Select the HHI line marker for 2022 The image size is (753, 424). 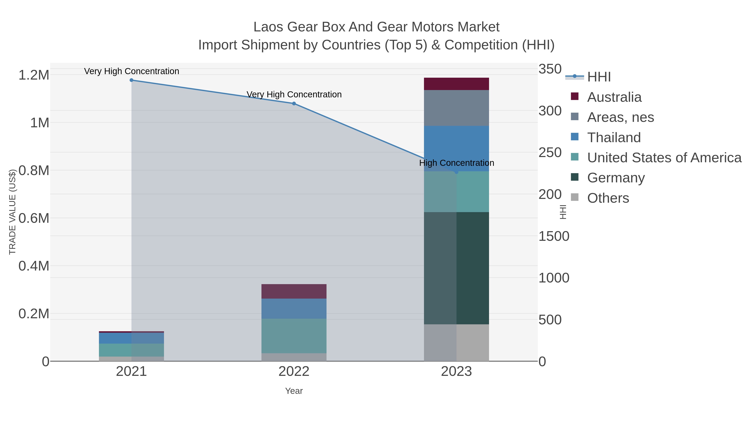294,104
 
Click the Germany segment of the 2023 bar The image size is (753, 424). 456,268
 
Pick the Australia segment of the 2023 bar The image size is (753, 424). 456,84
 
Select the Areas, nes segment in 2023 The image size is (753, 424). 456,108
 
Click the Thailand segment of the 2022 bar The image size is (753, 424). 294,308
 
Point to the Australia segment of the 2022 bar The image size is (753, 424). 294,291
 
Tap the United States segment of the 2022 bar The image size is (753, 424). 294,336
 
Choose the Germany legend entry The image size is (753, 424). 616,178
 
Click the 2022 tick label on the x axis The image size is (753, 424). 294,372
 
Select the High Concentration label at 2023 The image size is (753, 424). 456,163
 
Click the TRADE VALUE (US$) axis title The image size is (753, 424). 12,212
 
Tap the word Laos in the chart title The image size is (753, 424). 268,27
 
